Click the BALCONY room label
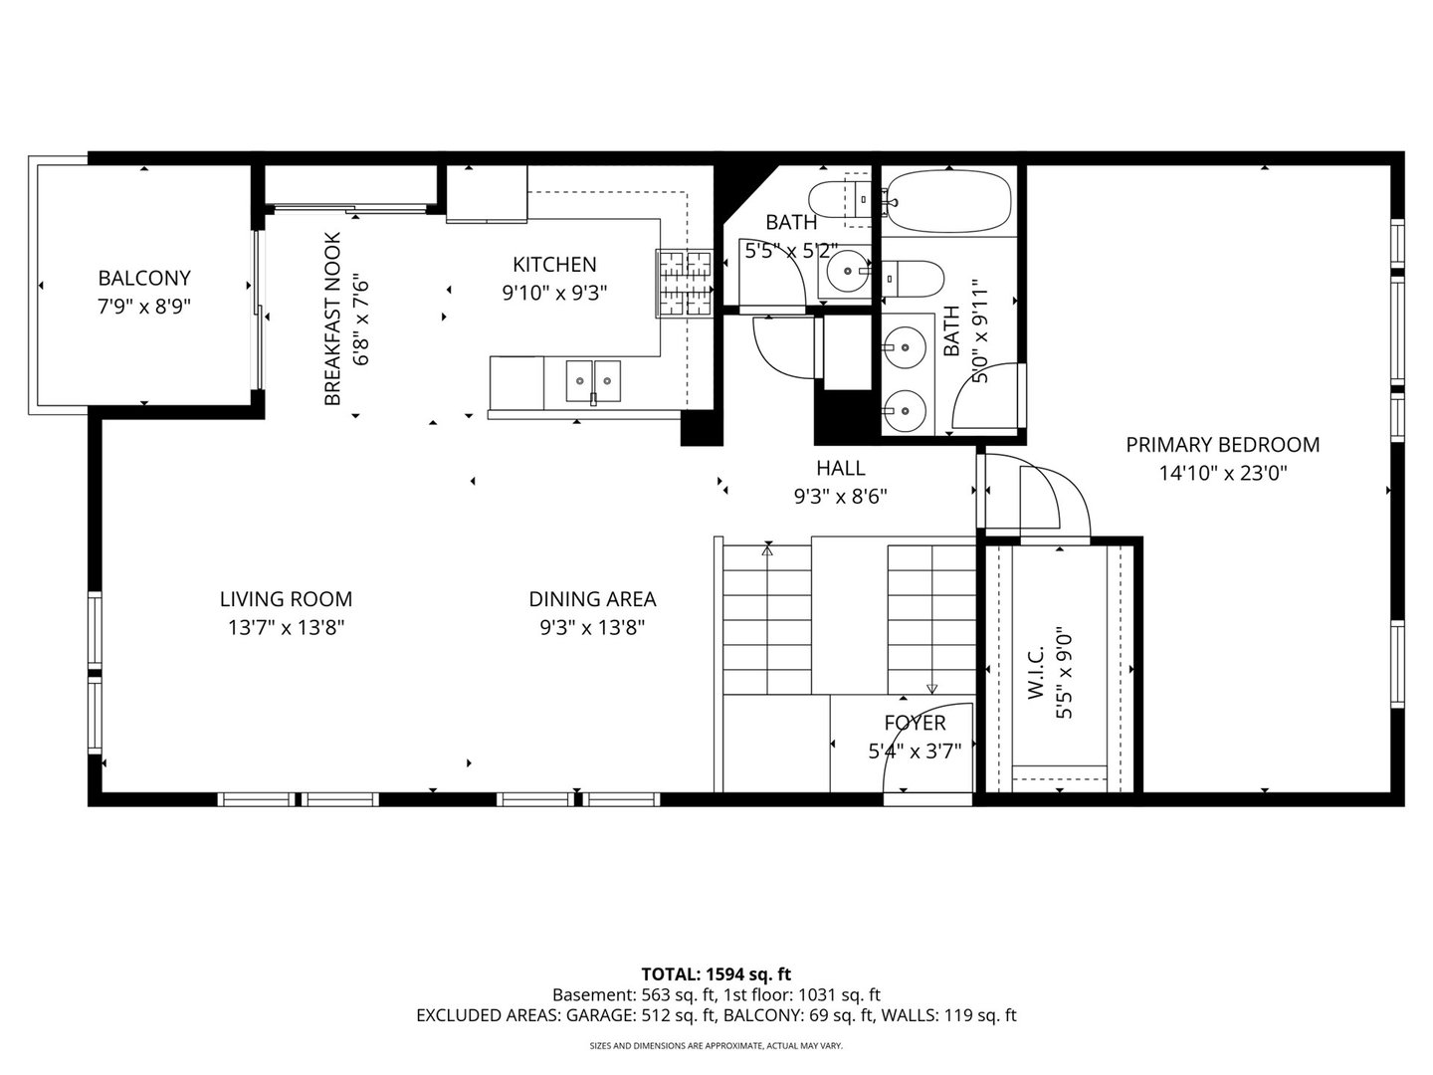(144, 279)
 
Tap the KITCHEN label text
(554, 265)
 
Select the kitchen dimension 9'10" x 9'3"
(554, 293)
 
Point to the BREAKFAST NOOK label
(332, 319)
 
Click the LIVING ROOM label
(286, 599)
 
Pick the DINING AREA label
(592, 599)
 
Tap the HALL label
(841, 468)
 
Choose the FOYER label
(915, 723)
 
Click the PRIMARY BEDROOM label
(1223, 445)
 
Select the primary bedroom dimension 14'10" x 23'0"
(1223, 474)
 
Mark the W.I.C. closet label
(1035, 672)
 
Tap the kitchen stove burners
(685, 283)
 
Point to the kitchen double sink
(593, 380)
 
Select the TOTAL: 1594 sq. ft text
(716, 973)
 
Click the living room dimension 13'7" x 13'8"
(286, 627)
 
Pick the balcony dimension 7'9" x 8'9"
(144, 307)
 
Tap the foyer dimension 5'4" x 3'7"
(915, 751)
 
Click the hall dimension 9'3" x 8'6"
(841, 496)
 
